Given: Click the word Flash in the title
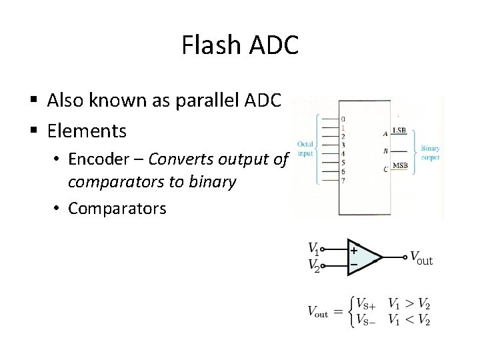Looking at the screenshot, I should (211, 45).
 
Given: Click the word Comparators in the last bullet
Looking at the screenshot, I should (117, 208).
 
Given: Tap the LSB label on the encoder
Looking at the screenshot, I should (400, 131).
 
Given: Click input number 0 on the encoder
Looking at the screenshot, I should (343, 119).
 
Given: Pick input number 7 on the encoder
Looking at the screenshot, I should (343, 181).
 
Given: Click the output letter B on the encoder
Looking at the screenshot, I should (385, 151).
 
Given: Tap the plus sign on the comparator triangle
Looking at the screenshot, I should (354, 251).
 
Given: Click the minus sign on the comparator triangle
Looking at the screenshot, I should (354, 265).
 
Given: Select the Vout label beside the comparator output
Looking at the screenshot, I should (421, 258).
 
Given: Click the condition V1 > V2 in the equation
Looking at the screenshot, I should (409, 305).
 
